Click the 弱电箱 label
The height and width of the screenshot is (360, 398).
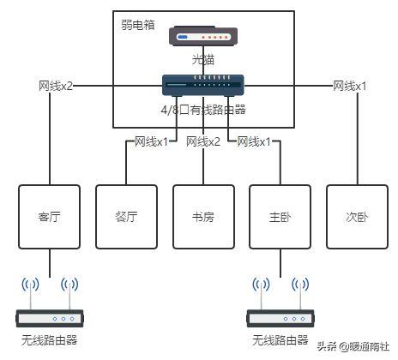139,26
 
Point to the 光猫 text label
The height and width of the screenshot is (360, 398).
203,60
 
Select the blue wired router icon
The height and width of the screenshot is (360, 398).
203,85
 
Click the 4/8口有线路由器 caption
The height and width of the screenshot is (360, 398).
203,109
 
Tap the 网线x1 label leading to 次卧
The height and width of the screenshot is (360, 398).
349,86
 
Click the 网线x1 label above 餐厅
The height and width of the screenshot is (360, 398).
152,141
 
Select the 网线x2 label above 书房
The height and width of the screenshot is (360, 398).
203,141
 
